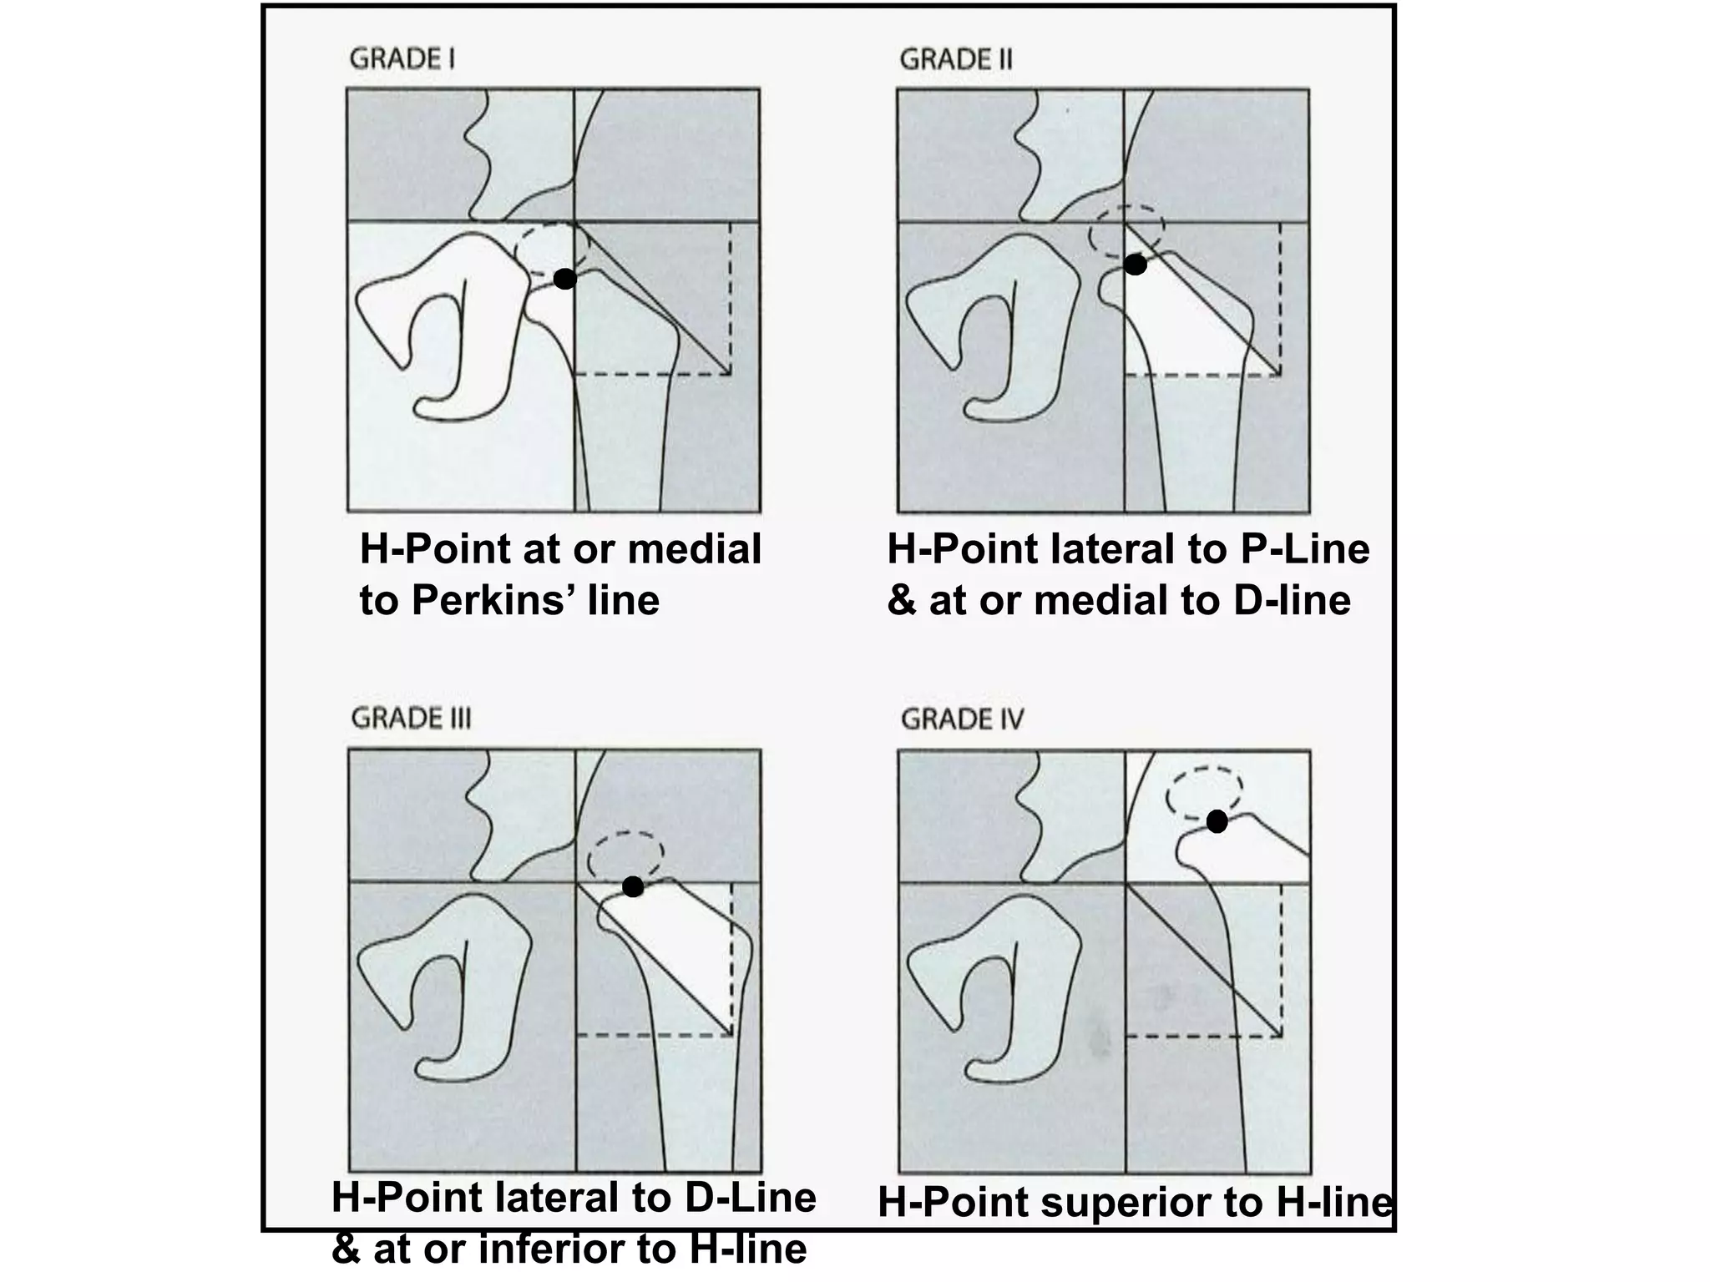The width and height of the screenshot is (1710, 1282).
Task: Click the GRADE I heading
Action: coord(402,59)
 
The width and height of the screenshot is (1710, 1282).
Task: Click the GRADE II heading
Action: coord(956,59)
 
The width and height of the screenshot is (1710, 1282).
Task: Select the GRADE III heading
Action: coord(411,719)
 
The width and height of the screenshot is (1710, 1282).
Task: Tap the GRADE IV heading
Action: coord(962,719)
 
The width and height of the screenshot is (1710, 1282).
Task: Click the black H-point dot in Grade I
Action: coord(565,279)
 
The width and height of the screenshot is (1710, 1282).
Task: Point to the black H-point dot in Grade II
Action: coord(1136,265)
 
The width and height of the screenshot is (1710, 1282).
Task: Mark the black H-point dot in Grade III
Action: coord(633,886)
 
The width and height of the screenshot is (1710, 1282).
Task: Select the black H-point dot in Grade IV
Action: coord(1217,822)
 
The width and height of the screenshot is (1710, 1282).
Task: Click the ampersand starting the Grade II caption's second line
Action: coord(902,601)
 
